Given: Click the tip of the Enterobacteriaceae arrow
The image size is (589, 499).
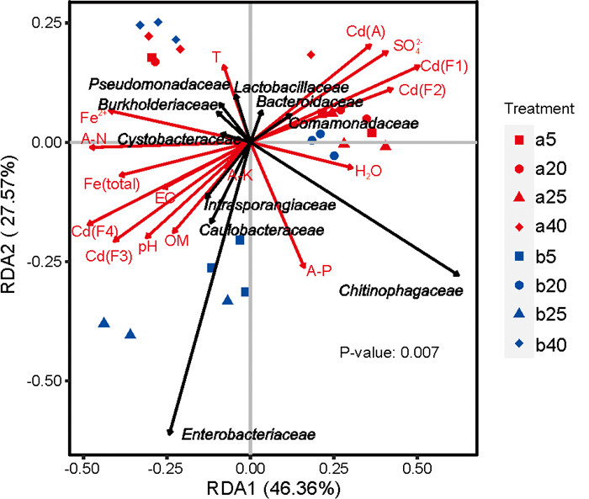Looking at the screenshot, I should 171,432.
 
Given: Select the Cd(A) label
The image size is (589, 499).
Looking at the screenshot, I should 365,33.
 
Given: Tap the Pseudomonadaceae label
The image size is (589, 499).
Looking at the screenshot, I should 159,84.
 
